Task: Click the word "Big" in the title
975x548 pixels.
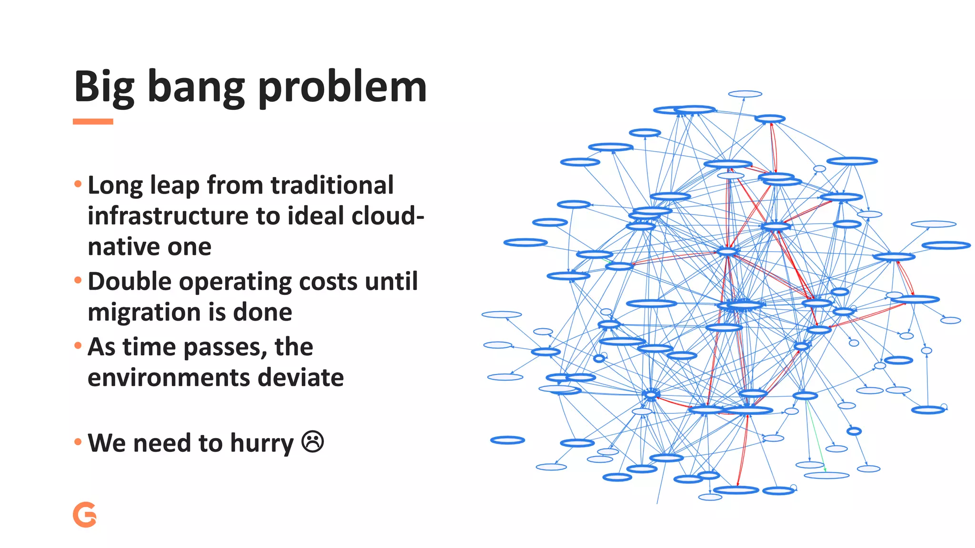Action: click(104, 88)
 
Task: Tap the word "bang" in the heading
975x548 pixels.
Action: click(196, 88)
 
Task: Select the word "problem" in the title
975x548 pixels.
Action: click(342, 88)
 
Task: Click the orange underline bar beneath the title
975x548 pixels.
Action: click(93, 122)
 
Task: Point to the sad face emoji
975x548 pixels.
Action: click(313, 441)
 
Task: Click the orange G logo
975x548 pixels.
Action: click(85, 515)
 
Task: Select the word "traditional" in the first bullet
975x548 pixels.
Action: click(332, 185)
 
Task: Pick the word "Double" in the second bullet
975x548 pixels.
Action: click(129, 282)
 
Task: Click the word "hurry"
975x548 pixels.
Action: click(262, 443)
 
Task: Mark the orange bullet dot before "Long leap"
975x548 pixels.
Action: click(78, 184)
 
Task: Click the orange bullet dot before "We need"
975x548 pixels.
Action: click(78, 442)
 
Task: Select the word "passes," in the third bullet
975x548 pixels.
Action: click(224, 347)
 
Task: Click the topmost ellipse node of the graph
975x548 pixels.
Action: click(745, 94)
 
